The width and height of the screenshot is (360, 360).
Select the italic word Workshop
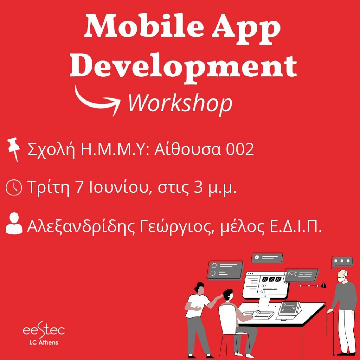click(x=180, y=104)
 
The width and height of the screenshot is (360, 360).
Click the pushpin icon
click(x=14, y=149)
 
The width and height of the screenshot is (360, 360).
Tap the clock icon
click(x=14, y=188)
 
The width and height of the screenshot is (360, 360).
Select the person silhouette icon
click(x=14, y=223)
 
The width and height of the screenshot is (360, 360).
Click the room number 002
click(x=240, y=149)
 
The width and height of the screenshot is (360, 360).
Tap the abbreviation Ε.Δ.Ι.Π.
click(x=296, y=226)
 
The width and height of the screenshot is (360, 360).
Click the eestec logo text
click(x=44, y=330)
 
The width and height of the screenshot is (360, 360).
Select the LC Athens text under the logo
click(x=44, y=342)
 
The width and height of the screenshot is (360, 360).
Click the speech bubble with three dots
click(x=342, y=262)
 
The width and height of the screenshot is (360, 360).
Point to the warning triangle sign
click(x=323, y=285)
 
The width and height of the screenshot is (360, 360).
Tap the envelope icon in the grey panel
click(x=292, y=274)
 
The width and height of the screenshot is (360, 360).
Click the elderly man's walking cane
click(x=332, y=333)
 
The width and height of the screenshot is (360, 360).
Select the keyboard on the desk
click(x=258, y=315)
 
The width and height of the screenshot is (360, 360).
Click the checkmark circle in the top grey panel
click(x=257, y=257)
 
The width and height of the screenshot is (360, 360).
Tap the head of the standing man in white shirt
click(x=199, y=288)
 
